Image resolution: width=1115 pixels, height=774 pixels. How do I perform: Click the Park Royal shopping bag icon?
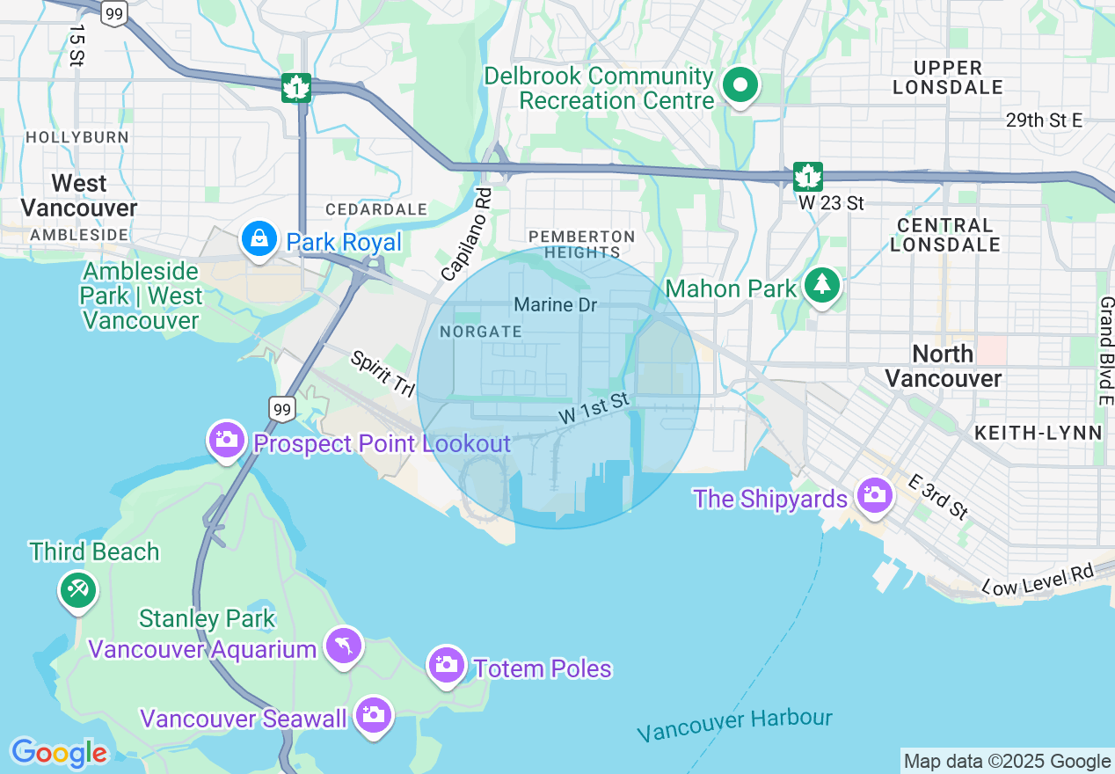click(259, 240)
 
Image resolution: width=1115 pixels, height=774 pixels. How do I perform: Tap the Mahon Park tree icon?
click(822, 284)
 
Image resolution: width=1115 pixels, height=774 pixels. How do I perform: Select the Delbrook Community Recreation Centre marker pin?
click(740, 86)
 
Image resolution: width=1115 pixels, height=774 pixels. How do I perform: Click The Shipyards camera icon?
click(873, 495)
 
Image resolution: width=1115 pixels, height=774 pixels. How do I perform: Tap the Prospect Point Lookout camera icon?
click(227, 439)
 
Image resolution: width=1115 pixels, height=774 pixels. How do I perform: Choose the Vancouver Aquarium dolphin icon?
click(343, 646)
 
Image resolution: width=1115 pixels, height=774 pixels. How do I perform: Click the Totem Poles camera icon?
click(447, 665)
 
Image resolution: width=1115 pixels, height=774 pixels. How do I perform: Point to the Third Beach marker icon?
click(77, 588)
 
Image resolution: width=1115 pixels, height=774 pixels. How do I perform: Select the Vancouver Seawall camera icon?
click(374, 714)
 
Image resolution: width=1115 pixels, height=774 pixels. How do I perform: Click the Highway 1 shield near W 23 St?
click(807, 176)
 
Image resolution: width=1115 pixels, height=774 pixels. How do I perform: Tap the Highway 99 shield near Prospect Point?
click(281, 409)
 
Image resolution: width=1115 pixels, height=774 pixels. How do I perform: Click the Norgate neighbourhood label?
click(480, 332)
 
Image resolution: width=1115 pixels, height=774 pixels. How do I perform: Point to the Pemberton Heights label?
click(580, 245)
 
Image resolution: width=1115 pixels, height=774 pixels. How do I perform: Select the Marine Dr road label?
click(555, 305)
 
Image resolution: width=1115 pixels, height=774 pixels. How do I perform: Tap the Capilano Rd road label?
click(467, 234)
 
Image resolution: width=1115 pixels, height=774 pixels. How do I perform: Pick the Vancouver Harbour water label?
click(734, 725)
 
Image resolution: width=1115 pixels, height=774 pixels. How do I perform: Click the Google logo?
click(59, 753)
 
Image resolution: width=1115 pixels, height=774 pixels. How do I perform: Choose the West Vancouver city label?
click(79, 195)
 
